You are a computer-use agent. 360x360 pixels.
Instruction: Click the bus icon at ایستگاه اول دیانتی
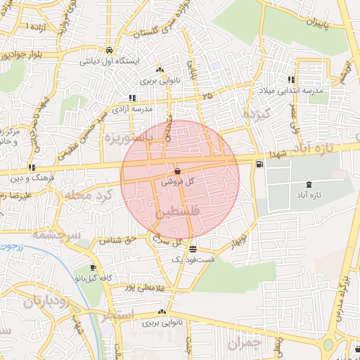pos(110,51)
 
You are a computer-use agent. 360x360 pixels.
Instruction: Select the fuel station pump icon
pos(261,164)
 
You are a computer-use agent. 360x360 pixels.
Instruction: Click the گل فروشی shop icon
pos(176,171)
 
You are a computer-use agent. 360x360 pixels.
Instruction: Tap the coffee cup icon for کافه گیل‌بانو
pos(94,268)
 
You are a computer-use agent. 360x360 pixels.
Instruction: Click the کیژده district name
pos(255,112)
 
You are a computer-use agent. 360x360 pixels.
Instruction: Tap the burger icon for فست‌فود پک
pos(193,249)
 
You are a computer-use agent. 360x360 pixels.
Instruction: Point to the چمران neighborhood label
pos(243,342)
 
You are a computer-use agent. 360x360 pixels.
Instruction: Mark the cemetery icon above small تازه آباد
pos(309,184)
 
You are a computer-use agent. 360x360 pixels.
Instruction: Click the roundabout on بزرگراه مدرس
pos(349,347)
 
